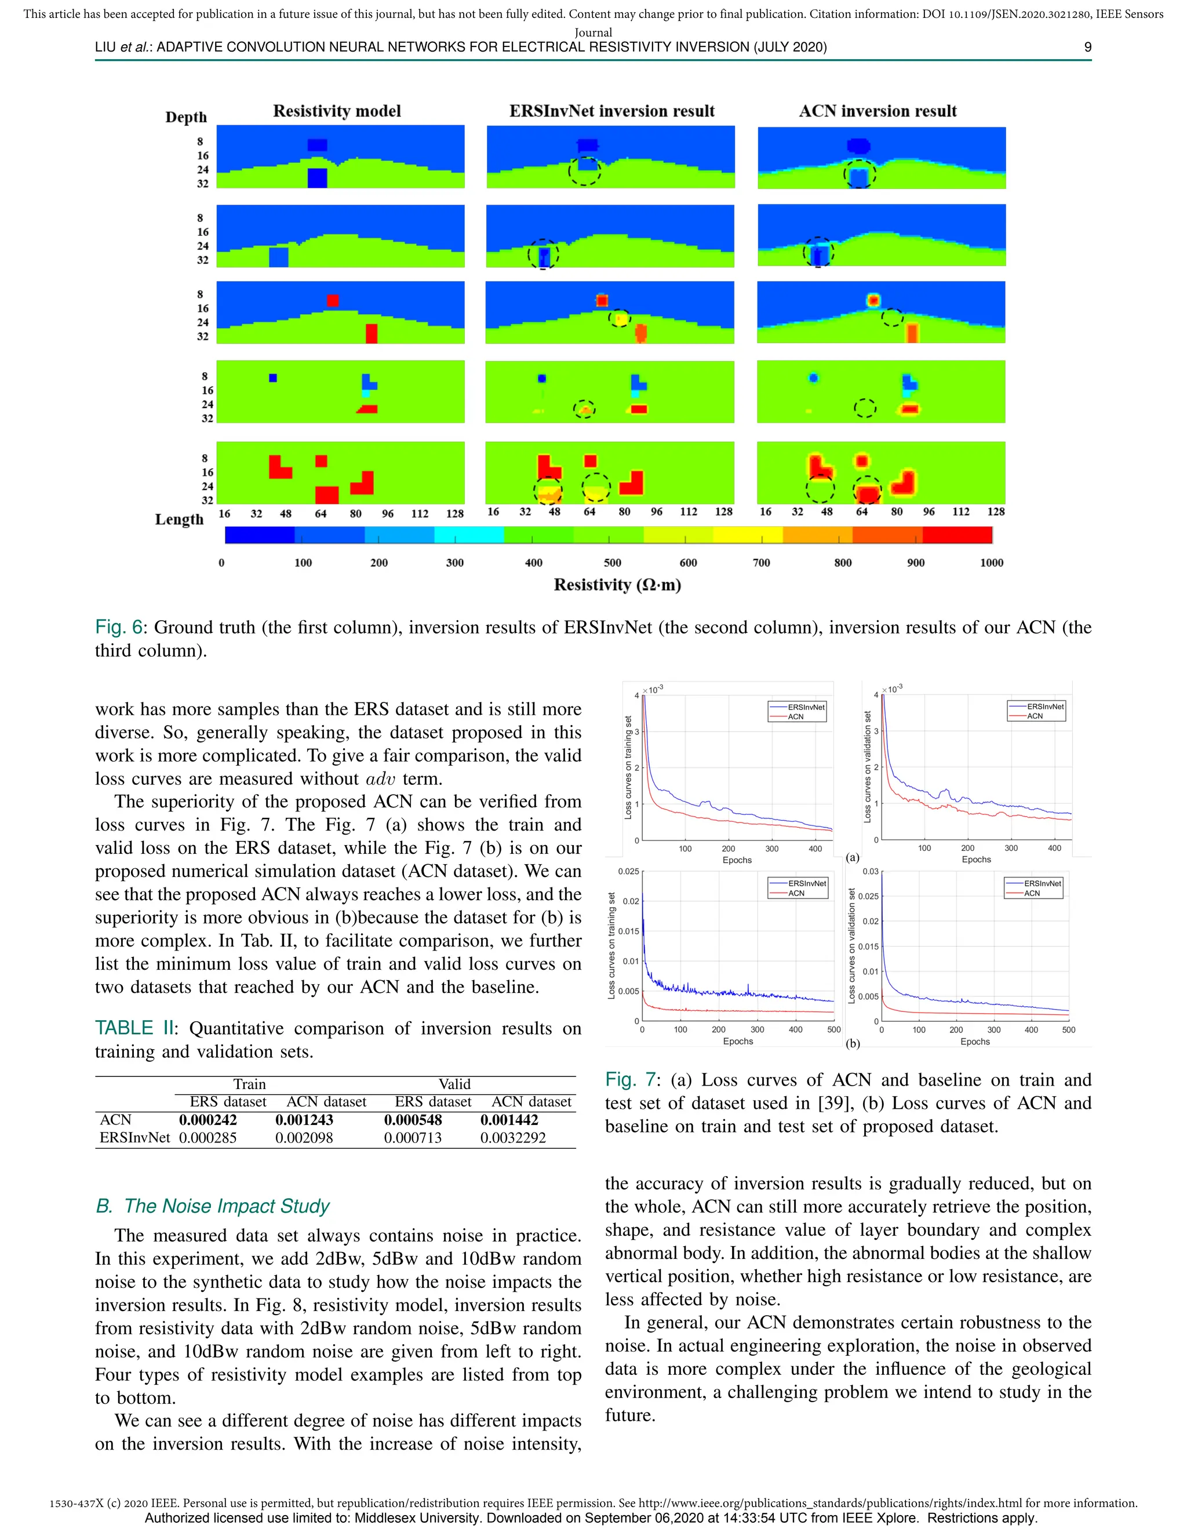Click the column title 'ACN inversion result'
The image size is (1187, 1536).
click(x=877, y=111)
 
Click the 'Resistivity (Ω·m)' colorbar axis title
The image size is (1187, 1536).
click(x=617, y=585)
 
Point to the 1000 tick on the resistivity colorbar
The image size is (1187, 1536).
click(x=991, y=563)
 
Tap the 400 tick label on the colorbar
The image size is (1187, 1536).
click(x=533, y=563)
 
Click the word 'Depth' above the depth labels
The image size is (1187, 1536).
click(x=185, y=118)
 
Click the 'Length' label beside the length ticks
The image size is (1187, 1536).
click(x=179, y=520)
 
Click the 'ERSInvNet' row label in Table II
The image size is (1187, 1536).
click(x=134, y=1138)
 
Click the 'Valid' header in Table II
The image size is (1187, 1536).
click(x=454, y=1084)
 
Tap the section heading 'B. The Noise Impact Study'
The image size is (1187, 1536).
click(x=212, y=1206)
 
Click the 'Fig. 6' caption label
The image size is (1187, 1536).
click(x=118, y=627)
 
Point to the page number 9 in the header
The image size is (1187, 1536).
click(x=1087, y=47)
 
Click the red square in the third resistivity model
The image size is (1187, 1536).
click(x=333, y=301)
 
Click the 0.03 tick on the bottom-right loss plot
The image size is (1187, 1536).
click(x=870, y=871)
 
